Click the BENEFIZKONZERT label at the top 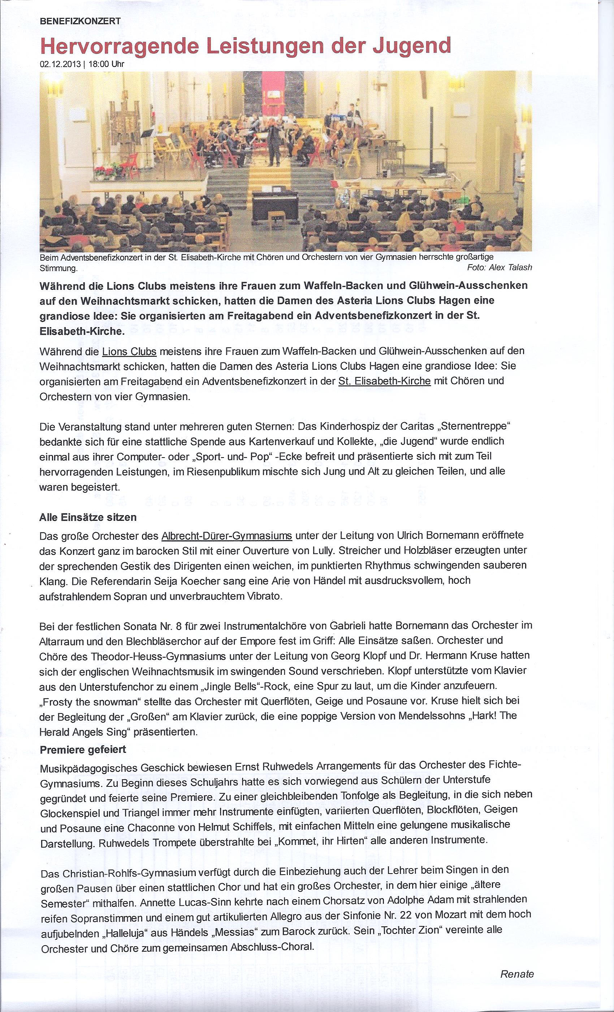tap(81, 22)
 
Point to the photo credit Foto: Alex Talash tap(499, 267)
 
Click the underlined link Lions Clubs tap(129, 352)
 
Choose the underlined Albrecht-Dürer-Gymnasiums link tap(226, 536)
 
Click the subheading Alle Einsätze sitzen tap(88, 518)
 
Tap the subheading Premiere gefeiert tap(83, 750)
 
